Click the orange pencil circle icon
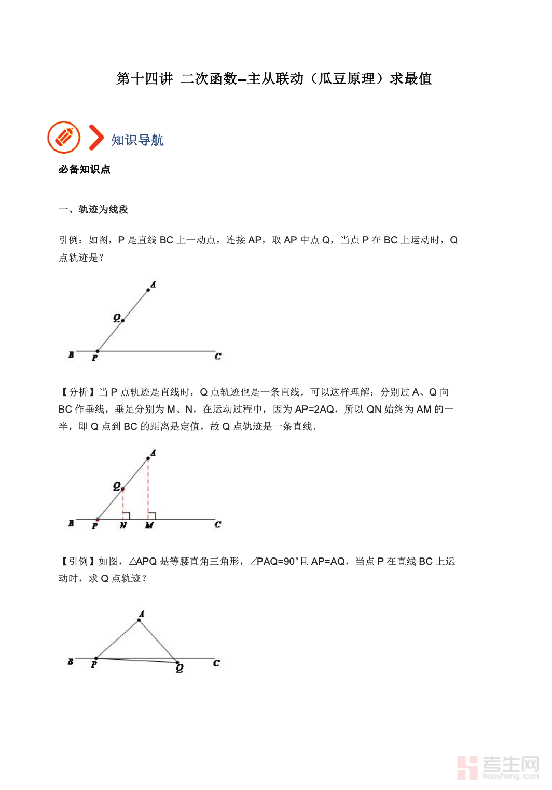click(x=64, y=138)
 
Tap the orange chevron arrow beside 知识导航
click(x=96, y=138)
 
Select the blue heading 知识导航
click(x=137, y=140)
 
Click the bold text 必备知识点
click(x=84, y=169)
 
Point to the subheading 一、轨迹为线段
click(x=93, y=209)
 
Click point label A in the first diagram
click(x=153, y=284)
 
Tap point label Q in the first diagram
click(x=117, y=318)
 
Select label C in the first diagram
click(x=218, y=356)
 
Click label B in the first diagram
click(x=71, y=355)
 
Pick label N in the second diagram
click(x=123, y=525)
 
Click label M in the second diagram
click(x=149, y=525)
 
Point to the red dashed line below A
click(x=148, y=488)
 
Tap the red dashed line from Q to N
click(x=123, y=503)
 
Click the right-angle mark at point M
click(x=152, y=516)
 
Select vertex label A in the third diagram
click(x=142, y=614)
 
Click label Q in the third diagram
click(x=180, y=668)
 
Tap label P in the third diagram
click(x=94, y=664)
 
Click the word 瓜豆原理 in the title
click(x=347, y=79)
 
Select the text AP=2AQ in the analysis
click(x=314, y=409)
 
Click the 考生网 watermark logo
click(x=498, y=767)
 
